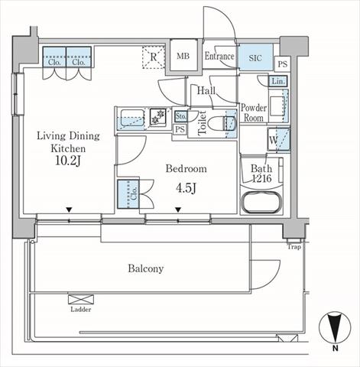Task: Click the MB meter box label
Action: (183, 56)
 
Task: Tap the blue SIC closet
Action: (255, 57)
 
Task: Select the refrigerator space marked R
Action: (153, 57)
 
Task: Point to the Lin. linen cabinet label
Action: (278, 81)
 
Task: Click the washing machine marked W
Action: (279, 140)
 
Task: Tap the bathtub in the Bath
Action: (261, 203)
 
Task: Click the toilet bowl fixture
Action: (221, 123)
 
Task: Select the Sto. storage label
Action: (180, 117)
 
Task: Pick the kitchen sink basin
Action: (132, 118)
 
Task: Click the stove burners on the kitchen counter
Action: (157, 117)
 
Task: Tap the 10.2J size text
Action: (68, 161)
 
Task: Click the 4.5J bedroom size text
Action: (186, 188)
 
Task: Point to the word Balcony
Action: (146, 268)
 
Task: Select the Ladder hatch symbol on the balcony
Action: (81, 299)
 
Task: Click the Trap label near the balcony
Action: (294, 247)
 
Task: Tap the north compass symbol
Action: (335, 328)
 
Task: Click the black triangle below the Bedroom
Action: (178, 209)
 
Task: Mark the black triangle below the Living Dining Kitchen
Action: (69, 209)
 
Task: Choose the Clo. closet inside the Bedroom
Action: (128, 194)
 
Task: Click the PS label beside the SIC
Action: (282, 64)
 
